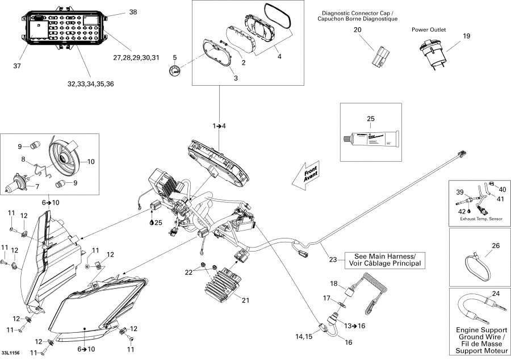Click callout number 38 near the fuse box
click(x=133, y=12)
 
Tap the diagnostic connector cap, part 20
click(x=379, y=55)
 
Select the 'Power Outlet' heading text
click(x=429, y=30)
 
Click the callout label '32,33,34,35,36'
click(x=90, y=84)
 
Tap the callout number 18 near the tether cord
click(x=334, y=283)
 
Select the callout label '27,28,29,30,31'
click(x=136, y=57)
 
